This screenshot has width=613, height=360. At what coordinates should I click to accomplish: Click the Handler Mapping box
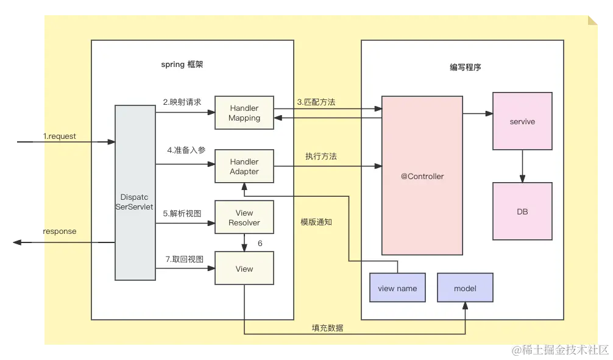pos(244,113)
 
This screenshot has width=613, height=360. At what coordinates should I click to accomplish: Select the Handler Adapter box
pos(244,167)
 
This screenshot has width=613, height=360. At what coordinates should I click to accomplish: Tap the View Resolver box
pos(244,217)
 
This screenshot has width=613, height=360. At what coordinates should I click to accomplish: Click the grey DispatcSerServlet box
pos(135,192)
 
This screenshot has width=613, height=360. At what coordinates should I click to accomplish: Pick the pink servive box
pos(522,121)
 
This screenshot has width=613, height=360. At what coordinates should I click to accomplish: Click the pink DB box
pos(522,211)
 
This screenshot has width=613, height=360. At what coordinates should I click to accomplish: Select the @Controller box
pos(422,175)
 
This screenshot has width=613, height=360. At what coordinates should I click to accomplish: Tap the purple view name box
pos(397,288)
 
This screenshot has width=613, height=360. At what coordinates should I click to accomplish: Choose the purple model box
pos(465,288)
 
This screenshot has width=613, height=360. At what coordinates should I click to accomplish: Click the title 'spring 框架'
pos(182,64)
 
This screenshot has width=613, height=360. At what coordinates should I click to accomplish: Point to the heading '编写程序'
pos(461,67)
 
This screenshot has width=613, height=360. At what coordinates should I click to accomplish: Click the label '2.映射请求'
pos(182,102)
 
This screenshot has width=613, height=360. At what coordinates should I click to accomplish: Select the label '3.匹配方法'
pos(316,102)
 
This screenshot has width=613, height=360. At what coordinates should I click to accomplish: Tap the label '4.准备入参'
pos(182,150)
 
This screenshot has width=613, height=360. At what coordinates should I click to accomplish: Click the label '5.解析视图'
pos(182,213)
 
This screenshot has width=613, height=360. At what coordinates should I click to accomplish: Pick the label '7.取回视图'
pos(182,259)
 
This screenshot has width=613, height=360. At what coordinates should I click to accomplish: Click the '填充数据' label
pos(328,328)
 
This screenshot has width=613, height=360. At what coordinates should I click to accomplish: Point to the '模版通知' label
pos(316,222)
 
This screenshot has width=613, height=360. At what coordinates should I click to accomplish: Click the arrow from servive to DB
pos(522,166)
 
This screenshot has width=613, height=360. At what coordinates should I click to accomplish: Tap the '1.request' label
pos(59,136)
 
